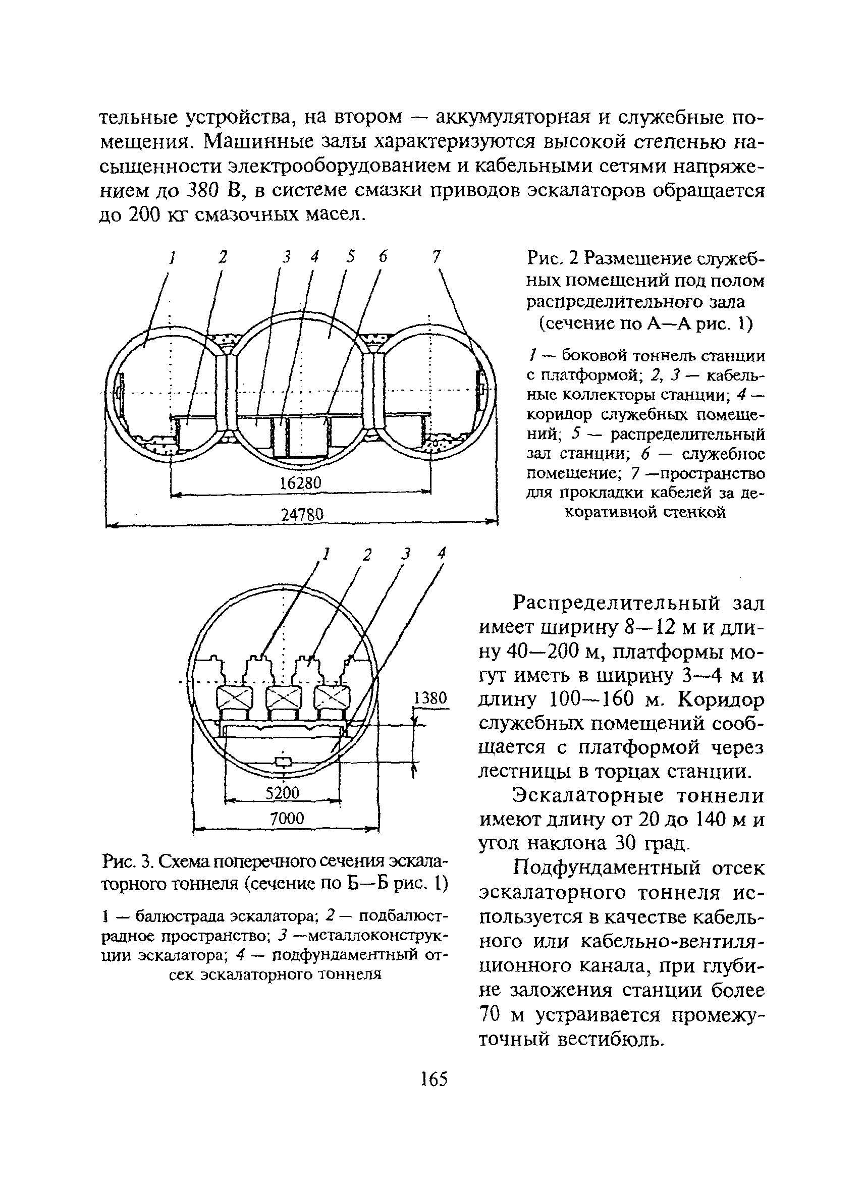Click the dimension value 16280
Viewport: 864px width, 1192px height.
point(300,483)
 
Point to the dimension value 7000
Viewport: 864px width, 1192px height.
point(287,819)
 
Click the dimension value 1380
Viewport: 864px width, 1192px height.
point(430,698)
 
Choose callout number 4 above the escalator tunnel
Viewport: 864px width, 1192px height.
point(442,553)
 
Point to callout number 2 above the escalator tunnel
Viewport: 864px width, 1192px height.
point(367,555)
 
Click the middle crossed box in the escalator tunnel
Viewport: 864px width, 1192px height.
point(284,698)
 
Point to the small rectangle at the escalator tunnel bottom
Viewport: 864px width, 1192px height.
point(283,761)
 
